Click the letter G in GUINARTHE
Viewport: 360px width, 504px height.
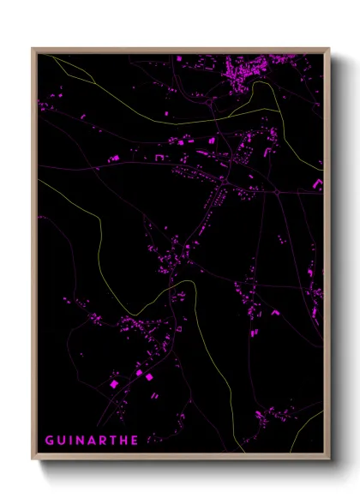(49, 440)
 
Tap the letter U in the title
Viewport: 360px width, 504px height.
(61, 440)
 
